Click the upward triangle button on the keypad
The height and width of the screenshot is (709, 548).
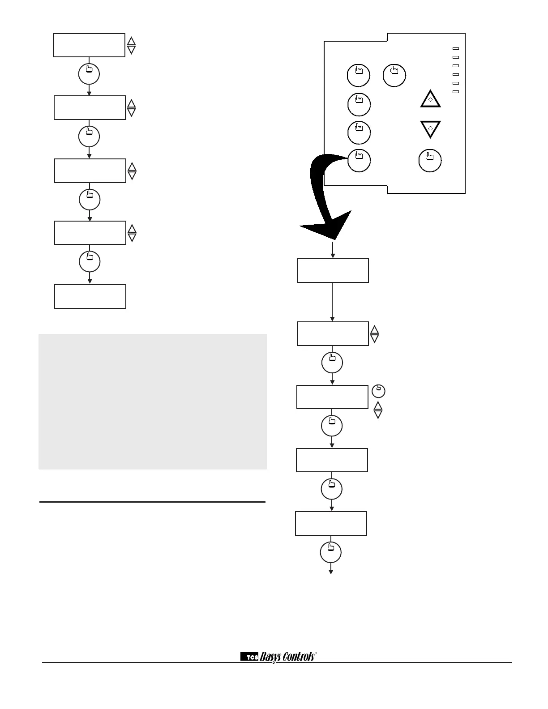pyautogui.click(x=430, y=99)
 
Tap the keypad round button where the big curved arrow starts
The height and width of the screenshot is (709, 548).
pyautogui.click(x=359, y=160)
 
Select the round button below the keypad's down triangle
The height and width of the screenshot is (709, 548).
pyautogui.click(x=430, y=160)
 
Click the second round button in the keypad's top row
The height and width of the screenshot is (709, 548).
pyautogui.click(x=394, y=75)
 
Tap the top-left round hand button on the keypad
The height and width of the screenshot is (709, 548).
pyautogui.click(x=359, y=75)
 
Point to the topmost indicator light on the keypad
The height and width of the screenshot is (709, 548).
pyautogui.click(x=456, y=48)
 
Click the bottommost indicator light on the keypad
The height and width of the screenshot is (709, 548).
pyautogui.click(x=456, y=92)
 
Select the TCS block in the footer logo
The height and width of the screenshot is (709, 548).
pyautogui.click(x=250, y=657)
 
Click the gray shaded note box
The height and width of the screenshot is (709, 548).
pyautogui.click(x=153, y=401)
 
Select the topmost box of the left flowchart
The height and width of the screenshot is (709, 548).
pyautogui.click(x=89, y=45)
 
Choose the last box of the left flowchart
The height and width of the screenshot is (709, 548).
pyautogui.click(x=90, y=296)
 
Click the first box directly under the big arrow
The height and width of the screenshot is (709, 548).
pyautogui.click(x=333, y=270)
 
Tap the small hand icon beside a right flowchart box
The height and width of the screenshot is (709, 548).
pyautogui.click(x=378, y=391)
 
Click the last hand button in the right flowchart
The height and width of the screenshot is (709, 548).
pyautogui.click(x=331, y=553)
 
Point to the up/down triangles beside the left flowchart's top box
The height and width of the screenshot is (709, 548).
pyautogui.click(x=131, y=45)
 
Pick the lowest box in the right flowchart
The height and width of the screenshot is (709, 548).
pyautogui.click(x=331, y=523)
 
